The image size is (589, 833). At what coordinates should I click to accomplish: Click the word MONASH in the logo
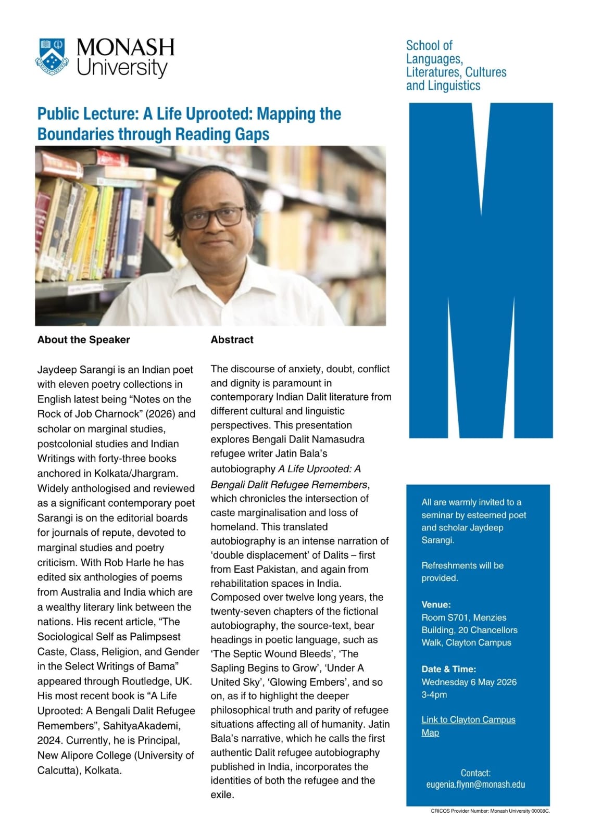tap(125, 47)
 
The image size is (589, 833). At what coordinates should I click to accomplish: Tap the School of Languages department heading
tap(456, 65)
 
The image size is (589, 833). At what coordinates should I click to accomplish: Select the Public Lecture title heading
tap(189, 123)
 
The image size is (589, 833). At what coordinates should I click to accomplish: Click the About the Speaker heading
tap(83, 339)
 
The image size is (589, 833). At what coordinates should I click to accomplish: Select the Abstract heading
tap(232, 339)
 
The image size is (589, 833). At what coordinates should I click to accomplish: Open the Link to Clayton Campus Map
tap(468, 726)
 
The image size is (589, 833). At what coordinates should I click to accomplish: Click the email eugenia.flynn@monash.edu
tap(475, 784)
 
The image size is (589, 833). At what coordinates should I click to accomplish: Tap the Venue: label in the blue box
tap(436, 604)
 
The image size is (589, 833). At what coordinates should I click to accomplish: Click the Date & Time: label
tap(448, 669)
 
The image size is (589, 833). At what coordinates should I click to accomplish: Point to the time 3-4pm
tap(434, 695)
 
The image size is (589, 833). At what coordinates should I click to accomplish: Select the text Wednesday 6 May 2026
tap(469, 682)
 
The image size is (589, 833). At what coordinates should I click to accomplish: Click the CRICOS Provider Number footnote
tap(490, 811)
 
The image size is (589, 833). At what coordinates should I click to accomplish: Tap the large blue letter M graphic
tap(480, 271)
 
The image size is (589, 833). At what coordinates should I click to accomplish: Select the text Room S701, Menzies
tap(463, 617)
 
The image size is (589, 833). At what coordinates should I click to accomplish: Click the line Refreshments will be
tap(462, 565)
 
